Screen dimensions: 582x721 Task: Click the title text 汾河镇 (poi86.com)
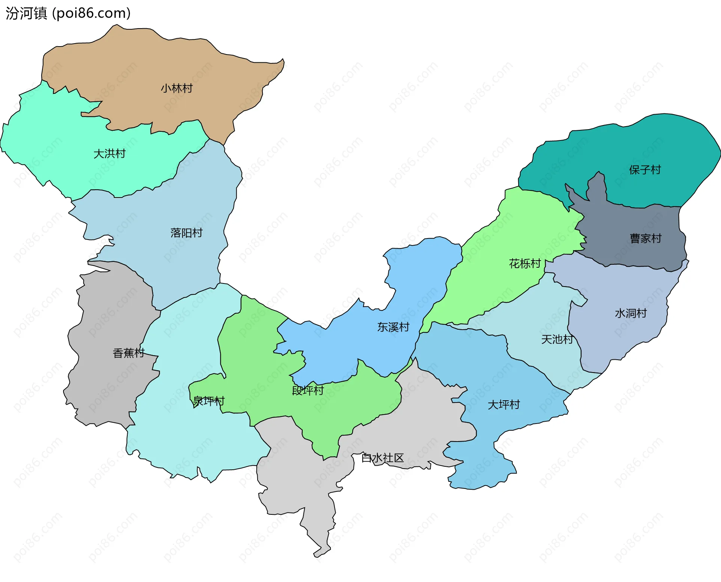point(68,13)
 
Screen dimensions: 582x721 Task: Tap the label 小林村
point(176,89)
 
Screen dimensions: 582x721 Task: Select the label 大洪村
point(109,154)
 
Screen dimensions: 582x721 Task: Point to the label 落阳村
point(186,233)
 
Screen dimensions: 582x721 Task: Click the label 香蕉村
point(128,353)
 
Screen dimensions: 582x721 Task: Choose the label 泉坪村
point(209,401)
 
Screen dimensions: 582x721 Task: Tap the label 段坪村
point(308,391)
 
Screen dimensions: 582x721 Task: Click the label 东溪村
point(393,327)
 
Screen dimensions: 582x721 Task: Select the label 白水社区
point(382,458)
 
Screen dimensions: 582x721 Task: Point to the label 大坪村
point(504,405)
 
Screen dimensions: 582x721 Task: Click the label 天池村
point(557,340)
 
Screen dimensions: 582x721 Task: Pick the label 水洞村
point(630,314)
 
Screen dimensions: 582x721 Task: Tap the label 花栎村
point(525,264)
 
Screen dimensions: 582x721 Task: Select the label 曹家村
point(646,239)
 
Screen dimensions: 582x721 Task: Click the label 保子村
point(645,170)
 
